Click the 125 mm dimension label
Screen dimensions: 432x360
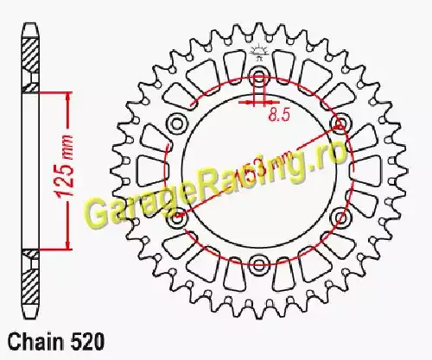click(65, 167)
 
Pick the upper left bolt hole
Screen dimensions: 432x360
click(177, 124)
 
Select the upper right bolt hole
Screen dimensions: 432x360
click(341, 123)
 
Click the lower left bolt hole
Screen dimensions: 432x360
click(177, 218)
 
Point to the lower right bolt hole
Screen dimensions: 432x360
click(341, 218)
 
